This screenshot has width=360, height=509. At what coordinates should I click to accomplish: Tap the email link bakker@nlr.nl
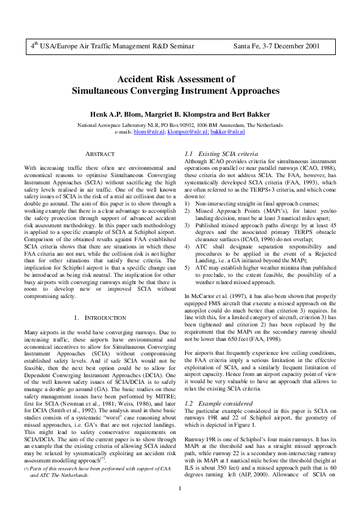[227, 131]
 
